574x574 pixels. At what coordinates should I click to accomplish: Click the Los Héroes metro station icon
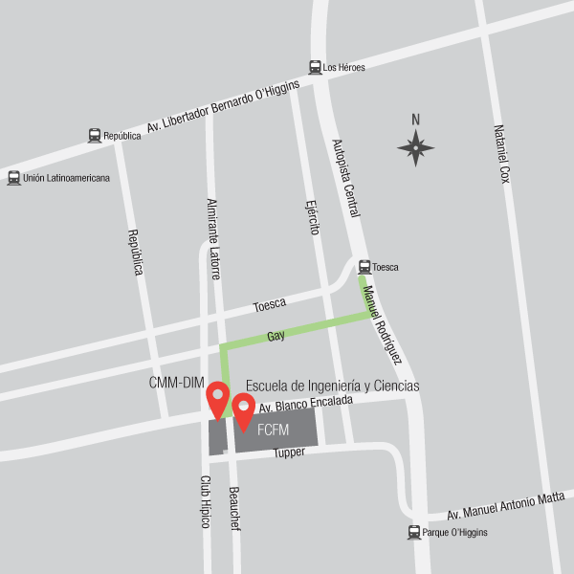(x=315, y=67)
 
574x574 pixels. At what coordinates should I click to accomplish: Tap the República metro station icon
(x=95, y=136)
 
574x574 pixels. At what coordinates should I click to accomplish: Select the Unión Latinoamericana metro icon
(x=13, y=177)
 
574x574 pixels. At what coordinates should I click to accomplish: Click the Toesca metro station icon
(x=364, y=267)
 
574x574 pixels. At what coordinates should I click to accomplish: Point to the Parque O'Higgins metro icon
(x=414, y=532)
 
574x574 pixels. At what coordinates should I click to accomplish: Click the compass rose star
(x=415, y=147)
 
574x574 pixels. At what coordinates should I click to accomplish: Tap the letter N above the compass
(x=415, y=120)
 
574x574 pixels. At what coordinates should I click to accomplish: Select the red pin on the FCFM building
(x=244, y=410)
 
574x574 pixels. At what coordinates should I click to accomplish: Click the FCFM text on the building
(x=273, y=430)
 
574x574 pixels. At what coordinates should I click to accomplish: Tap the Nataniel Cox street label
(x=502, y=154)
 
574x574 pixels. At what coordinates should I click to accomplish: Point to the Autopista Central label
(x=345, y=178)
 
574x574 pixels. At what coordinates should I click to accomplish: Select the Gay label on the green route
(x=276, y=336)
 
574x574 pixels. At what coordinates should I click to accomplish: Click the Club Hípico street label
(x=205, y=502)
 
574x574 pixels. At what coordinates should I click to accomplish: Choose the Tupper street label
(x=288, y=453)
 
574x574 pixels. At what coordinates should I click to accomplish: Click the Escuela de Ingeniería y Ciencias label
(x=332, y=386)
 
